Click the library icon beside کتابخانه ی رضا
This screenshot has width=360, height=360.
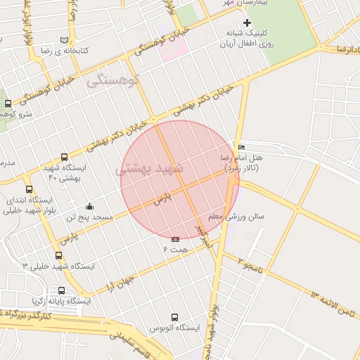pyautogui.click(x=65, y=40)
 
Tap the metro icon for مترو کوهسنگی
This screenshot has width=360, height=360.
pyautogui.click(x=8, y=103)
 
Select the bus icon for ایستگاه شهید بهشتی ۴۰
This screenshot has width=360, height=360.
pyautogui.click(x=65, y=157)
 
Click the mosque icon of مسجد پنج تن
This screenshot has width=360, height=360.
pyautogui.click(x=90, y=207)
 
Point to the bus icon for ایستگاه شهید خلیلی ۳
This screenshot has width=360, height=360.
pyautogui.click(x=58, y=255)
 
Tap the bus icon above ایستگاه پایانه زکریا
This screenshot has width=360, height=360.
pyautogui.click(x=62, y=290)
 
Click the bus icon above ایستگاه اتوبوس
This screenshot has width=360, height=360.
pyautogui.click(x=174, y=317)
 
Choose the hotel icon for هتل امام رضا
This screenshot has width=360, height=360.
pyautogui.click(x=242, y=147)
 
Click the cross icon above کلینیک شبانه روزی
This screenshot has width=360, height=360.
pyautogui.click(x=247, y=22)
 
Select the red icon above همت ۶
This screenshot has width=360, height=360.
pyautogui.click(x=175, y=240)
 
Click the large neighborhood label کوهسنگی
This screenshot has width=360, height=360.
pyautogui.click(x=114, y=81)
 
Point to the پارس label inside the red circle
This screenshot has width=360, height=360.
pyautogui.click(x=163, y=199)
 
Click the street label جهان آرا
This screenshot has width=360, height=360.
pyautogui.click(x=120, y=281)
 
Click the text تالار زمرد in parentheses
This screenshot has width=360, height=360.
pyautogui.click(x=241, y=169)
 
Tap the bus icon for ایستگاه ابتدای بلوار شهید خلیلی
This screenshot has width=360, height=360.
pyautogui.click(x=29, y=189)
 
